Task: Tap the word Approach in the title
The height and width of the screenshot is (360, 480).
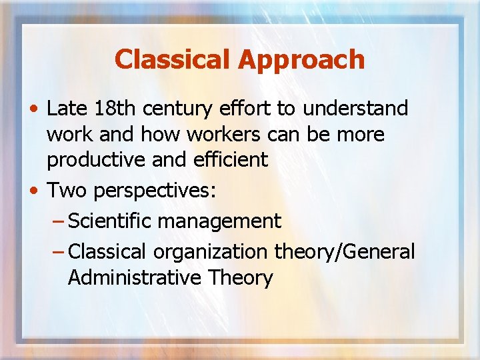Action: (x=299, y=59)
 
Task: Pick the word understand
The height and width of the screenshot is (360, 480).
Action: (x=363, y=109)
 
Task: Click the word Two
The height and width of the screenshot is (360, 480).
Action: (x=68, y=190)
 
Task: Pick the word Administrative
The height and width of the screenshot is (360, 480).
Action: (x=135, y=277)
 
